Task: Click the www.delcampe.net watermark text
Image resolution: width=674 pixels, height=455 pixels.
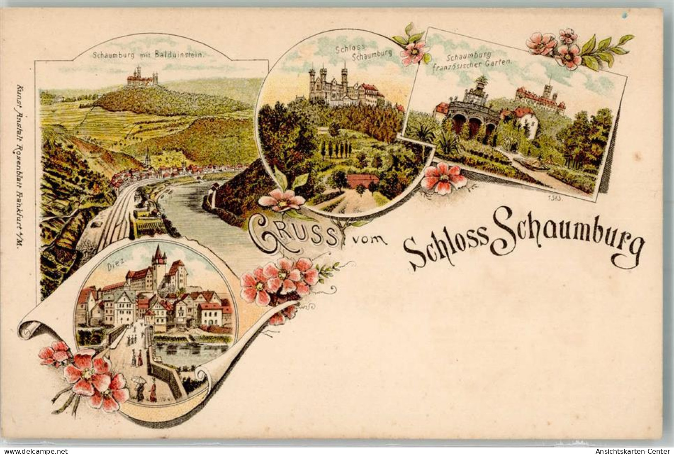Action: click(28, 451)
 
